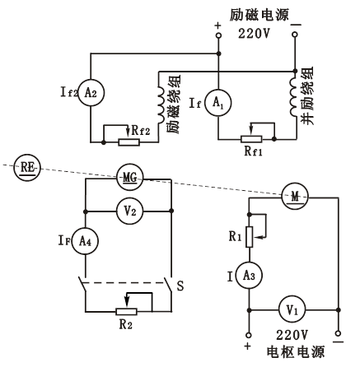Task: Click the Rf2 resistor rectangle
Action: [129, 142]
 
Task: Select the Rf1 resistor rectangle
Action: [251, 139]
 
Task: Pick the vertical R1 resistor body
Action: [250, 237]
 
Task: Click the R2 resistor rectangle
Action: [126, 311]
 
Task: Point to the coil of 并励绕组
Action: [294, 97]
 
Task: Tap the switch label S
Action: [180, 286]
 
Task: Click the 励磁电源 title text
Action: [259, 15]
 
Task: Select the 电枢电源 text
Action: [296, 352]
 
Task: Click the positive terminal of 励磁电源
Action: [218, 35]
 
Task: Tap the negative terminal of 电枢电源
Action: [339, 333]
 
